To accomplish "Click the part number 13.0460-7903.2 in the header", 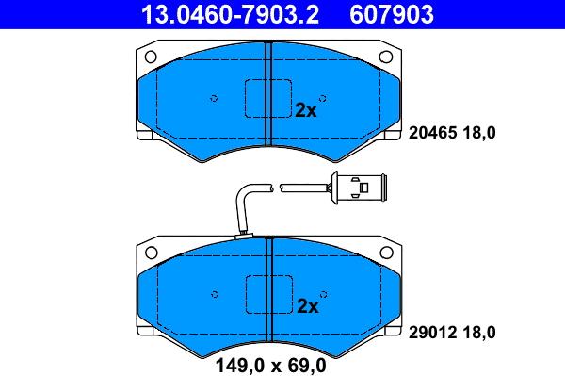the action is click(230, 14).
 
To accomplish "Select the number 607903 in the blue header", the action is click(392, 14).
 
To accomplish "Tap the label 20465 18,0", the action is click(452, 133).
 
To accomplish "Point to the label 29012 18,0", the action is click(452, 333).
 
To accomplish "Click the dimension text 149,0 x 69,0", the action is click(270, 366).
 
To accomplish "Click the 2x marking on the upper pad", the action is click(305, 110).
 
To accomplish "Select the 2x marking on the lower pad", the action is click(308, 306).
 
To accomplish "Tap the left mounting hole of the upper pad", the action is click(151, 57).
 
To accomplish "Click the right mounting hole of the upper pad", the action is click(386, 57).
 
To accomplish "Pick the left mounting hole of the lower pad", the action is click(152, 253).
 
